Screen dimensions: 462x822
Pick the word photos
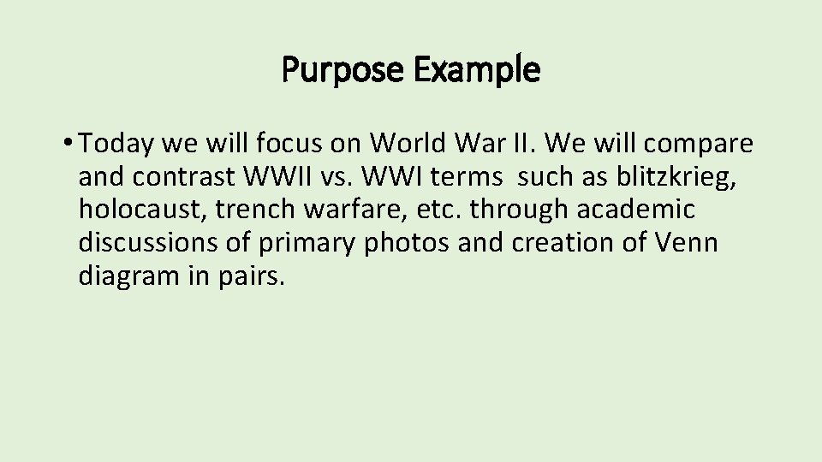click(407, 243)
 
